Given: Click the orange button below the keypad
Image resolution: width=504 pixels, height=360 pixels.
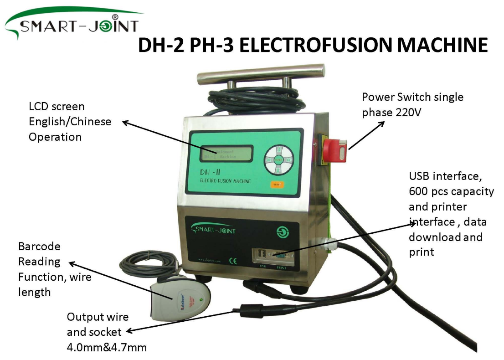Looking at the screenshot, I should coord(277,184).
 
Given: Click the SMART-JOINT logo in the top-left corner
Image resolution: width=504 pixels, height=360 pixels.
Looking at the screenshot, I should coord(73,24).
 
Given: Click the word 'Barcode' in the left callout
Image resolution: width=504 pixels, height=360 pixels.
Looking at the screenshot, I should coord(39,246).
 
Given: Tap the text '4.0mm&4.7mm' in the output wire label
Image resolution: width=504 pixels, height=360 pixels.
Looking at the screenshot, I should coord(107,347).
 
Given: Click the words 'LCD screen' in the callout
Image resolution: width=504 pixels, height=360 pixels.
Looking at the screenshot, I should coord(57,107).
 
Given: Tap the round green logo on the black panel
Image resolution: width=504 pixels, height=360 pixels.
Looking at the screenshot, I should coord(282,232).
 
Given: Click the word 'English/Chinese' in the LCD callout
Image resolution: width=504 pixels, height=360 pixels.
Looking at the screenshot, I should coord(70,122).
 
